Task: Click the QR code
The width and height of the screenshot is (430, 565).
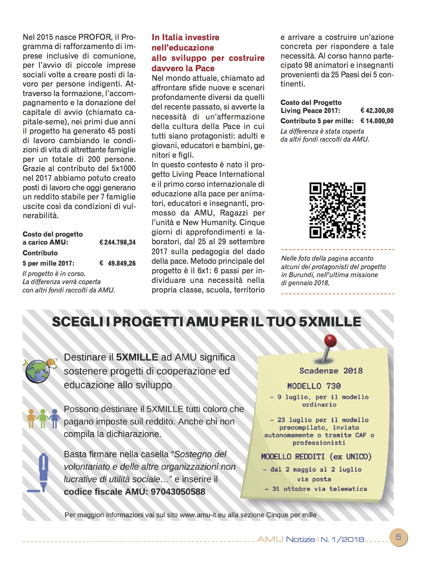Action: tap(337, 210)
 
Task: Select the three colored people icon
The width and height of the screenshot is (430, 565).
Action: tap(43, 419)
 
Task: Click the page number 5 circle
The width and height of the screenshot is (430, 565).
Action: tap(398, 537)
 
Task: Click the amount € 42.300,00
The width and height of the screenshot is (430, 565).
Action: tap(377, 111)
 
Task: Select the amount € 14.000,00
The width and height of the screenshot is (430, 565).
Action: tap(377, 121)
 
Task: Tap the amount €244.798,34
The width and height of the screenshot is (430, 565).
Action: tap(117, 242)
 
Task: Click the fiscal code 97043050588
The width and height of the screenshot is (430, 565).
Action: tap(178, 492)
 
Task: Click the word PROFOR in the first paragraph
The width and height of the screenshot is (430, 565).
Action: tap(95, 37)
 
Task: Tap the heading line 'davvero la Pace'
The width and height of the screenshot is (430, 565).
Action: tap(183, 69)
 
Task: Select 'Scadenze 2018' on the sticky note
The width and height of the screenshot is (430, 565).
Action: tap(331, 371)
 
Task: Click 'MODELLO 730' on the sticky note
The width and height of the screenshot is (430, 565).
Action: tap(314, 386)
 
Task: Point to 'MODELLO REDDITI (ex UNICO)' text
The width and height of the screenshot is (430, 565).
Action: tap(316, 457)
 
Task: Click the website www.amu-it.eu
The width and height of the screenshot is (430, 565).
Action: tap(203, 515)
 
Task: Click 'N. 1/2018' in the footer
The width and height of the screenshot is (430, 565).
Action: tap(342, 539)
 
